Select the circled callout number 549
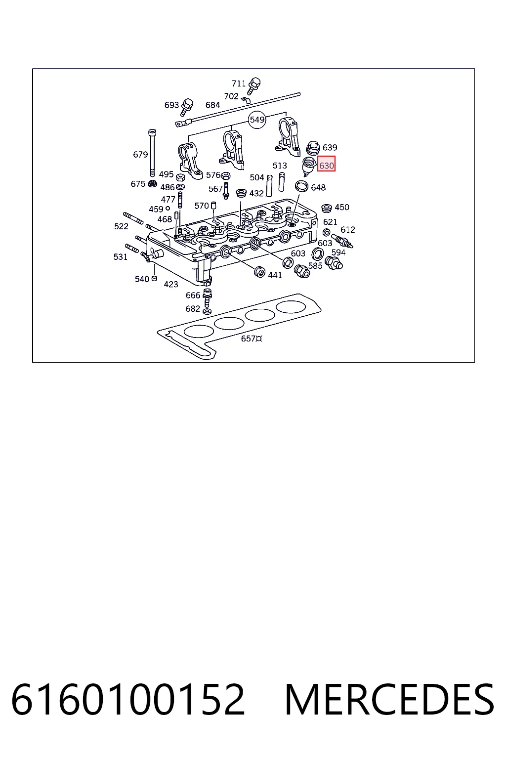[x=257, y=120]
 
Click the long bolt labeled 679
[x=152, y=153]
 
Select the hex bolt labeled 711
[x=253, y=85]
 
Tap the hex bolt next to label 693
[x=186, y=107]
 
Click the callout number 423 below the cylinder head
[x=171, y=284]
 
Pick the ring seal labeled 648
[x=301, y=186]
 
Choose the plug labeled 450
[x=326, y=208]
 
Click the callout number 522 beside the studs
[x=122, y=226]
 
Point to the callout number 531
[x=120, y=257]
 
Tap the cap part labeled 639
[x=313, y=148]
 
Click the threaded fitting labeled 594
[x=334, y=263]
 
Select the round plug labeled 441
[x=259, y=271]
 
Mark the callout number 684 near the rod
[x=212, y=105]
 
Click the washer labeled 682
[x=207, y=311]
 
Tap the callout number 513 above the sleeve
[x=280, y=166]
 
